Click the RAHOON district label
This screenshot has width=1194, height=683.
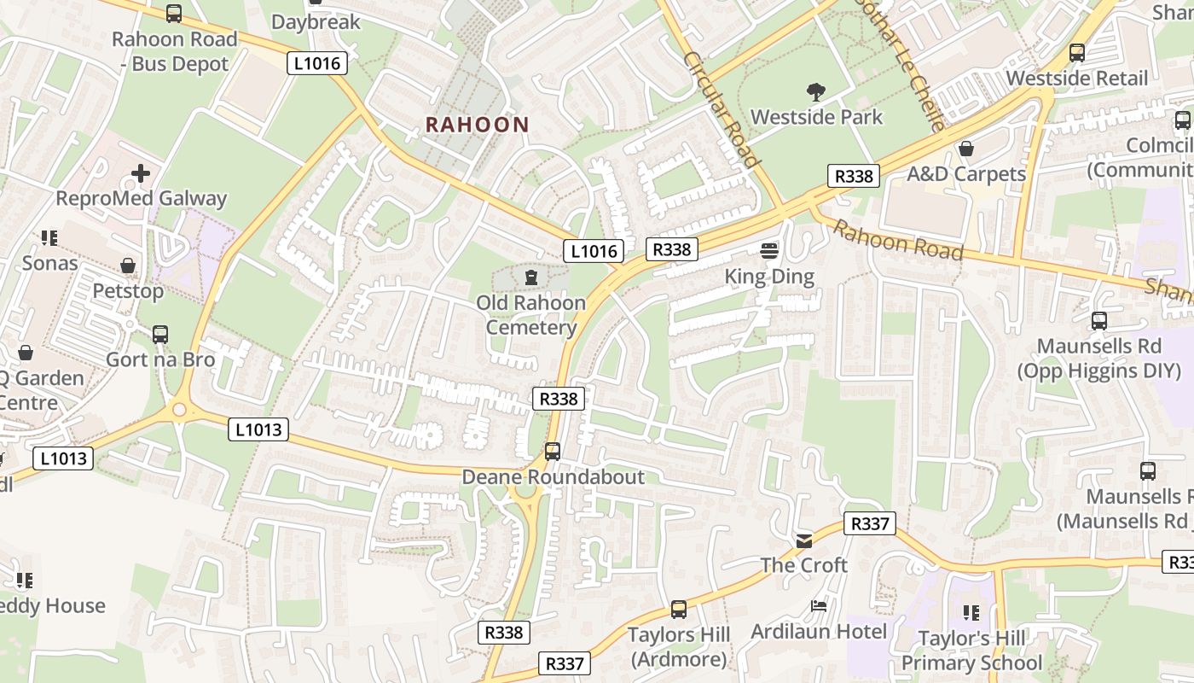(477, 125)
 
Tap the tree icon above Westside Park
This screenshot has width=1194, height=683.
(816, 92)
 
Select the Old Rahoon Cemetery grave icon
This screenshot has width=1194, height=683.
(531, 278)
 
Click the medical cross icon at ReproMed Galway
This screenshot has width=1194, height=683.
(141, 174)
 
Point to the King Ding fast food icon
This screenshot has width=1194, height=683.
(769, 251)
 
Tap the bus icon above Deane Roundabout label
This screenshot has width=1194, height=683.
(553, 452)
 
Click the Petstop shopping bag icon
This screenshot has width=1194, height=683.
(128, 266)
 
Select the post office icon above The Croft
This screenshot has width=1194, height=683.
(803, 540)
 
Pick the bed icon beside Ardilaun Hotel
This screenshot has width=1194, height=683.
(819, 606)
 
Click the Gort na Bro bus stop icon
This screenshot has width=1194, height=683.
(160, 335)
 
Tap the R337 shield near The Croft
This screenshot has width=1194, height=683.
(870, 523)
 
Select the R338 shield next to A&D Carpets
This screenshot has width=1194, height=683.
(854, 176)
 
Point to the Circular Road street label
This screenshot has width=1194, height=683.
(722, 110)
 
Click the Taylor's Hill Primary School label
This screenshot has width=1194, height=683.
(971, 651)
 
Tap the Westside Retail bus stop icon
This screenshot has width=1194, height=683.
(1077, 53)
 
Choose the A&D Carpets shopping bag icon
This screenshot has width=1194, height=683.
(965, 149)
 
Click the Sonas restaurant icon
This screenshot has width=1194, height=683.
(49, 237)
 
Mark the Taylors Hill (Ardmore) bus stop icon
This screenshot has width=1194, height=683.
(679, 610)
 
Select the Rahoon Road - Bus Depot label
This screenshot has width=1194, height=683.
(174, 51)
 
